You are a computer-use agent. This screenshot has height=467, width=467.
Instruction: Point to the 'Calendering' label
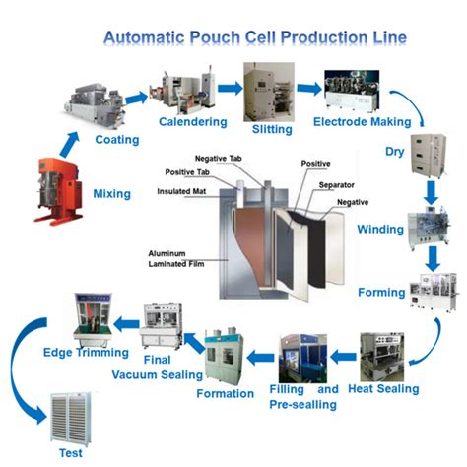(x=193, y=122)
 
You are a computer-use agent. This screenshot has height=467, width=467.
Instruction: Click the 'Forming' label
(x=382, y=293)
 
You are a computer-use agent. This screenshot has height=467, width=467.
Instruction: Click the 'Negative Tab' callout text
(x=217, y=159)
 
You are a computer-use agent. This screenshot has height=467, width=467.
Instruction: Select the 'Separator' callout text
(x=336, y=184)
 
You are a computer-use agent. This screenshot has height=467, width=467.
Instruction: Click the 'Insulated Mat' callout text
(x=179, y=191)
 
